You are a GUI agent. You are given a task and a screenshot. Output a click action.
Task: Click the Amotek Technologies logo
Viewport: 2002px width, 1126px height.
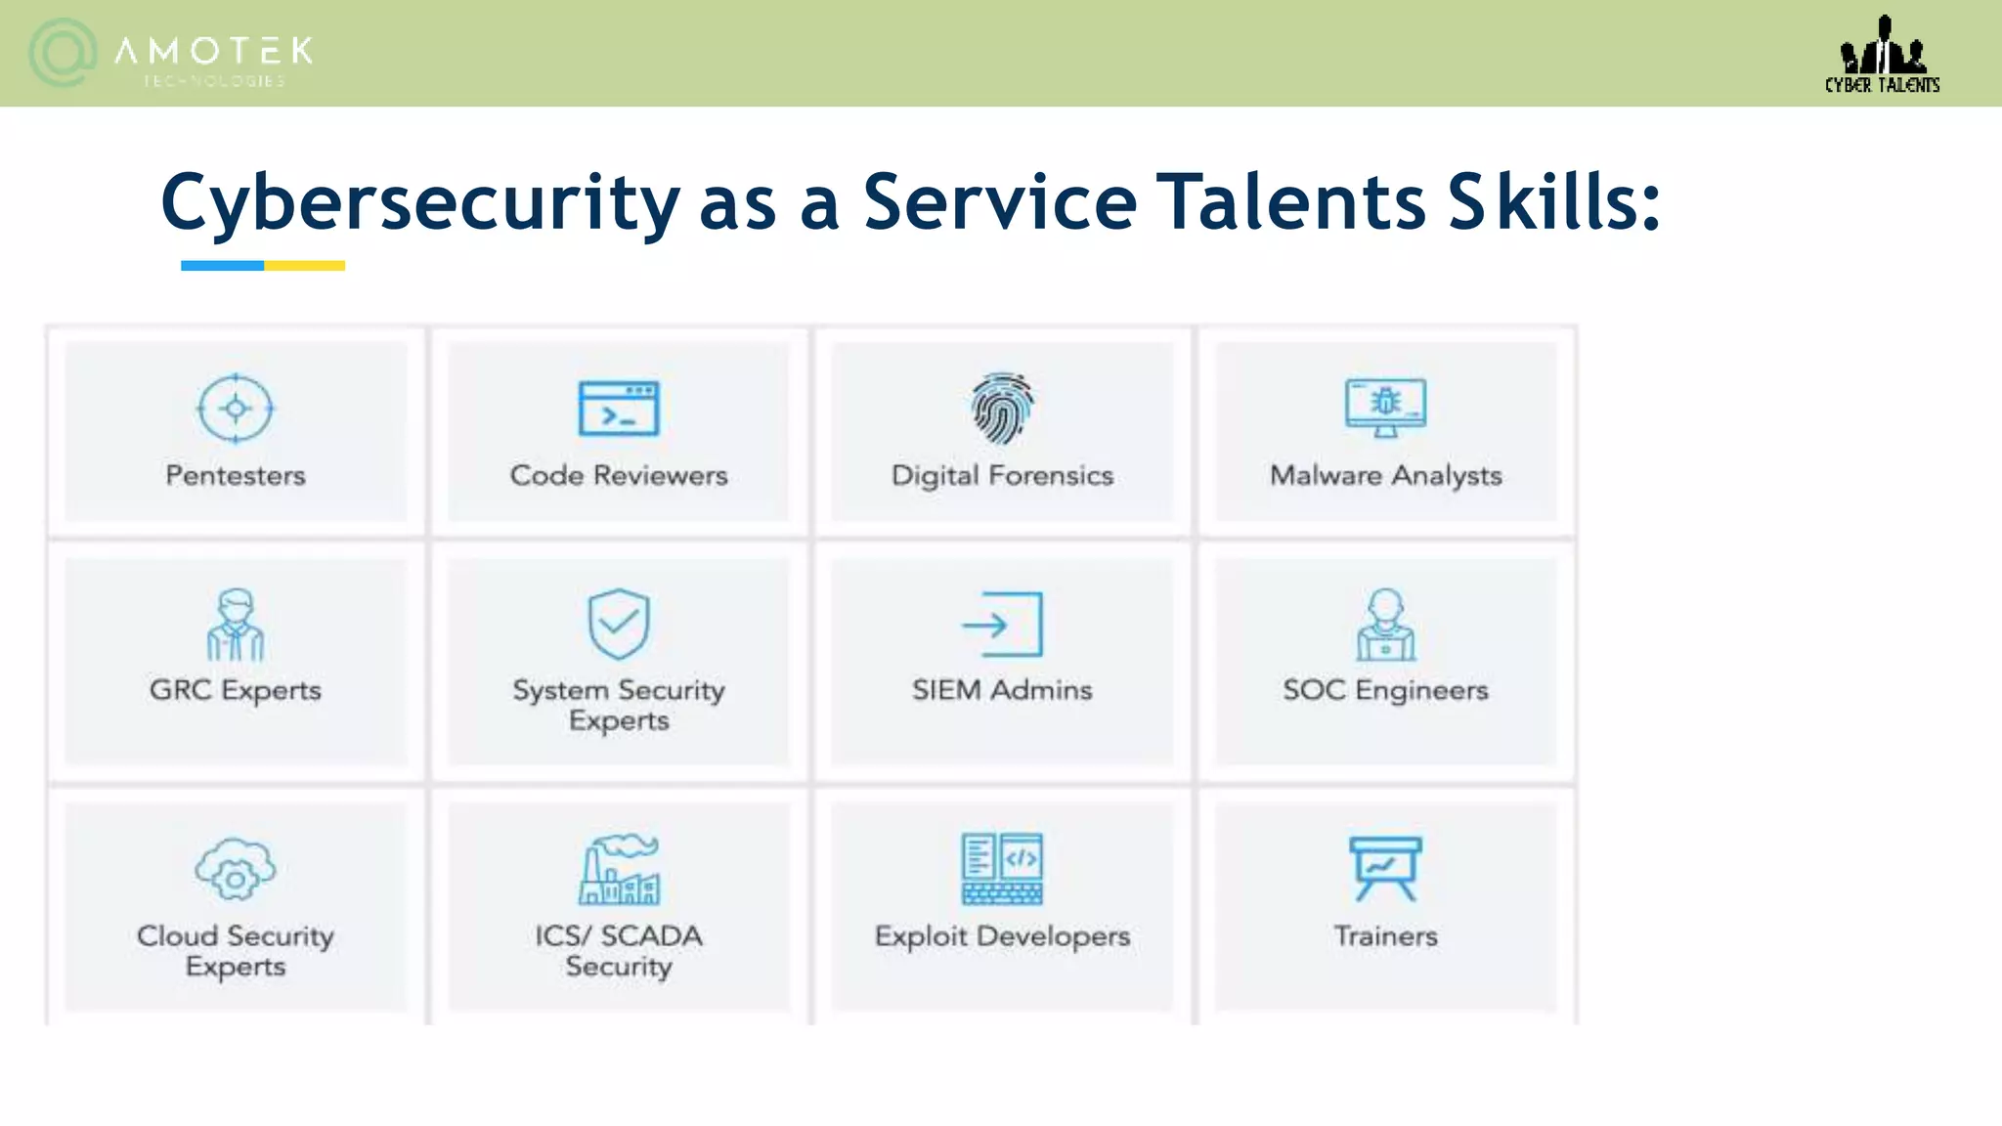click(x=171, y=54)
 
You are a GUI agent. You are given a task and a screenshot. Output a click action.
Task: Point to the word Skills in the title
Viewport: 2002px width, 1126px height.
click(x=1554, y=201)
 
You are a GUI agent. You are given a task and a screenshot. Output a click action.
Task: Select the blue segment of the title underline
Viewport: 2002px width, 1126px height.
click(x=222, y=266)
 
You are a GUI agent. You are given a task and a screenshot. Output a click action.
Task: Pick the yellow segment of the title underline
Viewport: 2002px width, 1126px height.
click(x=304, y=266)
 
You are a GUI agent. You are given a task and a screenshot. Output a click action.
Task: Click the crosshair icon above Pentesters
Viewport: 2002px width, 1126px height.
click(x=236, y=409)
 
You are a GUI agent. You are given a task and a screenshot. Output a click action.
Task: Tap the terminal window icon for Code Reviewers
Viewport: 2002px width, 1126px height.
click(x=619, y=409)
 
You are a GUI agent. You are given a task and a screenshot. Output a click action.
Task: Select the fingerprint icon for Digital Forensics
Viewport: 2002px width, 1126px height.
click(x=1002, y=407)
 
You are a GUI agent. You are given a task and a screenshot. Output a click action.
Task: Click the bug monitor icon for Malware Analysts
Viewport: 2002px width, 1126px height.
click(x=1385, y=407)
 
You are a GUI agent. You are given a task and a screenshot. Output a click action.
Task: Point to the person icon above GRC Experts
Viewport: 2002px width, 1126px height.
click(x=236, y=625)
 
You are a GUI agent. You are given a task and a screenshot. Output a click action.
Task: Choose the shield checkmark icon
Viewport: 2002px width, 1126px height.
click(x=619, y=624)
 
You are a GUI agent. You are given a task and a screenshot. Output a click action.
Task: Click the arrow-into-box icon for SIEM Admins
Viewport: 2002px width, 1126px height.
click(x=1002, y=625)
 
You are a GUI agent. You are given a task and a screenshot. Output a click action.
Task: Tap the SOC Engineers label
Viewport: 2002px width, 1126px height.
click(x=1385, y=690)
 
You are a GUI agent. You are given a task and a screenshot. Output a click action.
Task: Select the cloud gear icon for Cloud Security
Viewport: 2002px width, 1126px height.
click(x=236, y=870)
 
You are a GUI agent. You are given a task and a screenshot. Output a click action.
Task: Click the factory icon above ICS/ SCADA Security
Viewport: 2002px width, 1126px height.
click(x=619, y=869)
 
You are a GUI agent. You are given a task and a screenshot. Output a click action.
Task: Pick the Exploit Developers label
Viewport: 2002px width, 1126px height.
click(x=1002, y=936)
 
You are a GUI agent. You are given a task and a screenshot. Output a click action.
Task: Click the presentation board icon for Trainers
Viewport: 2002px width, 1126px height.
click(x=1385, y=868)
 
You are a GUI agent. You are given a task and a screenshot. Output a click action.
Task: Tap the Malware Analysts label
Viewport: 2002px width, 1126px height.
click(x=1385, y=476)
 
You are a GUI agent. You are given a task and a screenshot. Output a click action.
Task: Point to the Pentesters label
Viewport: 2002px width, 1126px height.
click(x=236, y=476)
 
